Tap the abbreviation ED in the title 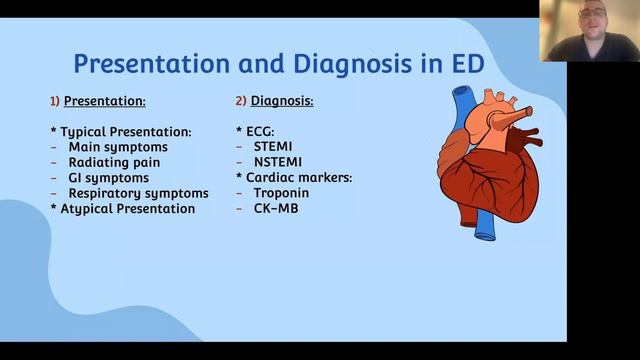point(465,64)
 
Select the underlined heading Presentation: point(105,101)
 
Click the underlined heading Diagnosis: point(279,101)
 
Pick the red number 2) point(240,101)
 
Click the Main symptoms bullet point(118,147)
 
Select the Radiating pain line point(114,162)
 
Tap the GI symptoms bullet point(108,178)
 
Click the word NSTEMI point(277,162)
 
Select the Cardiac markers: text point(299,178)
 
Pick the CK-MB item point(275,208)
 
